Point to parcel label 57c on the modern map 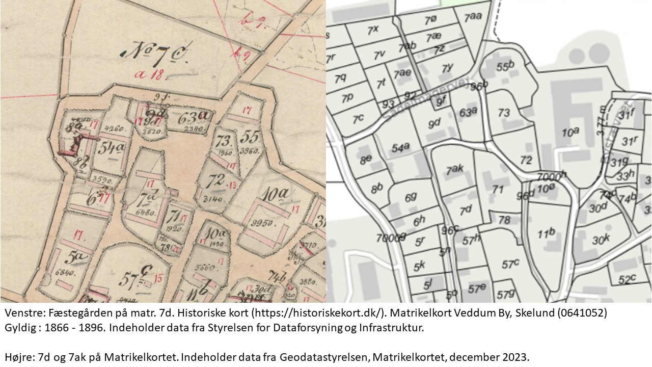tap(510, 265)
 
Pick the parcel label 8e tap(366, 159)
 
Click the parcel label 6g tap(411, 197)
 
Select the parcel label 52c tap(628, 279)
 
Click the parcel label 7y tap(448, 68)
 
